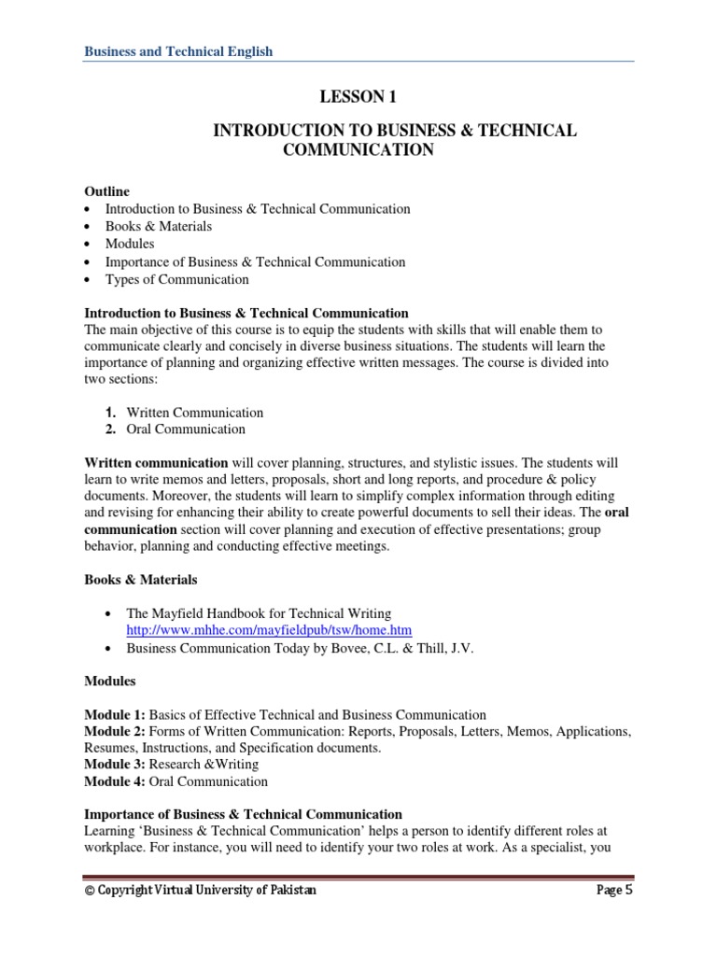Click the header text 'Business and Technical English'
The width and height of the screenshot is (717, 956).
tap(179, 51)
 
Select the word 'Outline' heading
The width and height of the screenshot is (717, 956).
tap(107, 191)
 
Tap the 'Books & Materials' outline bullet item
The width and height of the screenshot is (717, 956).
tap(158, 226)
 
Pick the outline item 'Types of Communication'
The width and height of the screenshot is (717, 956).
tap(176, 279)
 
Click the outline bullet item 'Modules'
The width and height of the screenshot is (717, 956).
tap(130, 244)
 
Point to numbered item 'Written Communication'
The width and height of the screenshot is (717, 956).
tap(194, 412)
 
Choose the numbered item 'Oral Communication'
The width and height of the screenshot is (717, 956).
tap(186, 429)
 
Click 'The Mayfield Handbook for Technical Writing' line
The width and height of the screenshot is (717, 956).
tap(252, 613)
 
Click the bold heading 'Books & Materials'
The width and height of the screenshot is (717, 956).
tap(141, 580)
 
